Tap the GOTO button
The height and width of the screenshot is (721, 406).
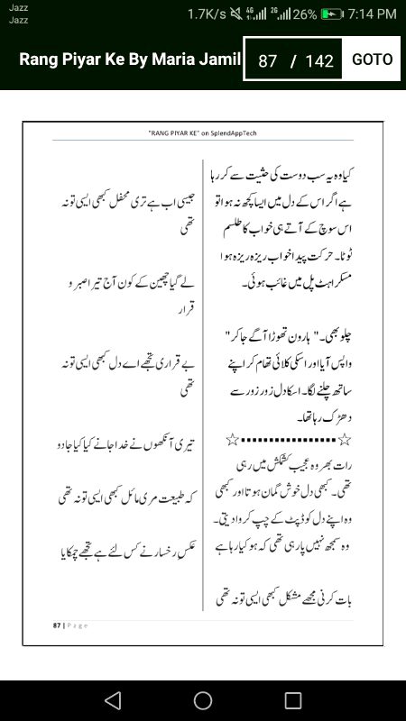pos(372,59)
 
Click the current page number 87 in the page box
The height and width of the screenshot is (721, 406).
pos(267,61)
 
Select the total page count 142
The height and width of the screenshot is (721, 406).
pos(319,61)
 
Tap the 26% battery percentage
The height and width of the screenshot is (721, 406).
pos(304,14)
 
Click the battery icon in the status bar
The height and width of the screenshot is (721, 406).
pos(333,14)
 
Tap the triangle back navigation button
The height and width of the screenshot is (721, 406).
pos(112,700)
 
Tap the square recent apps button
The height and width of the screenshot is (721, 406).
pos(293,700)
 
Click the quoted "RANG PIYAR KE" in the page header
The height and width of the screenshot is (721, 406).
pos(171,132)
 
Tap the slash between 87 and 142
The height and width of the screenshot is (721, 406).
pos(293,61)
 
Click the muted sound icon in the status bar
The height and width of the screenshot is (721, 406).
pos(239,14)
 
